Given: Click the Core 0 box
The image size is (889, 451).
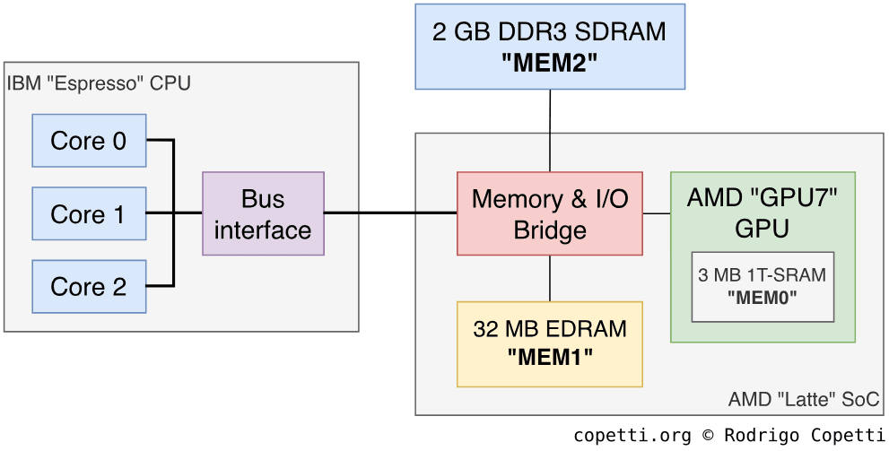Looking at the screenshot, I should pyautogui.click(x=89, y=141).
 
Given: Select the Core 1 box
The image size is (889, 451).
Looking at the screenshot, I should pyautogui.click(x=89, y=214).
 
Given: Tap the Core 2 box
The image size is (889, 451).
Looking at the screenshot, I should pyautogui.click(x=89, y=287).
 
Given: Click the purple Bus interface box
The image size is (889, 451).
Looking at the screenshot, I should pyautogui.click(x=263, y=214).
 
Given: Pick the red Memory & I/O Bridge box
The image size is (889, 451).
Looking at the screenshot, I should pyautogui.click(x=550, y=214).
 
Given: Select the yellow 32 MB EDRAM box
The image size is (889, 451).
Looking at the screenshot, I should pyautogui.click(x=550, y=343).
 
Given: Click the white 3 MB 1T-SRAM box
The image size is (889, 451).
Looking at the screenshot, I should pyautogui.click(x=763, y=286).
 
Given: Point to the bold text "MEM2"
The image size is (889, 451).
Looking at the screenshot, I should pyautogui.click(x=550, y=63).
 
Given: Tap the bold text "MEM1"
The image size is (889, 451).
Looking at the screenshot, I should pyautogui.click(x=550, y=357).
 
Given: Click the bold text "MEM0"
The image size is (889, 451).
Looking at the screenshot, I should pyautogui.click(x=763, y=297).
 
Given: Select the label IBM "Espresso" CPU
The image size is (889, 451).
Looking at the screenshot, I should pyautogui.click(x=99, y=83).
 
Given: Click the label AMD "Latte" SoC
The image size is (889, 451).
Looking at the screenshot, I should pyautogui.click(x=804, y=399).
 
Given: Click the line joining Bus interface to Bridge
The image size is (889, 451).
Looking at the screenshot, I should pyautogui.click(x=390, y=213).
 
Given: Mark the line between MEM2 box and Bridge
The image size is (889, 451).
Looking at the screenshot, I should pyautogui.click(x=550, y=131).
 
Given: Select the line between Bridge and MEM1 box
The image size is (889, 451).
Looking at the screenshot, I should pyautogui.click(x=550, y=278).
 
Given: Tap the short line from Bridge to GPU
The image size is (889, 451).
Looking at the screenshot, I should pyautogui.click(x=657, y=214).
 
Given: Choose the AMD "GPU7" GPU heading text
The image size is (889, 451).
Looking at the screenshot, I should pyautogui.click(x=763, y=212).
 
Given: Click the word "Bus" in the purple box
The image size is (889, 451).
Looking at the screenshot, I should pyautogui.click(x=263, y=199).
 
